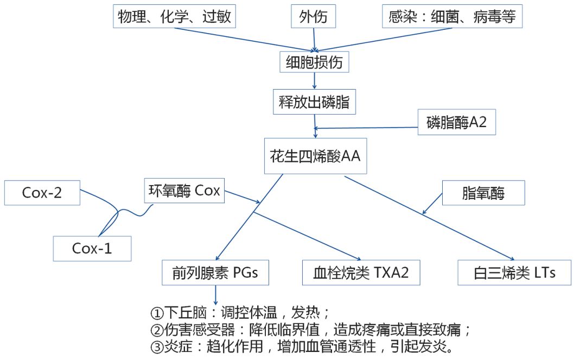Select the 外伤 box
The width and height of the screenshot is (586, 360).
click(x=314, y=17)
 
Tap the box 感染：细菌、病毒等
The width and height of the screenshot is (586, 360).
click(x=452, y=17)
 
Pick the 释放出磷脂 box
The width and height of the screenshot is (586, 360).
click(x=314, y=103)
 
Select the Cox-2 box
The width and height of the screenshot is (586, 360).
click(x=42, y=193)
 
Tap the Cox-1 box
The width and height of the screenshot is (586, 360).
click(x=92, y=248)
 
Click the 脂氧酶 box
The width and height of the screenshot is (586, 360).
click(x=483, y=193)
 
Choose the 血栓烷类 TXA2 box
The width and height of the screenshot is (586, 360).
click(x=361, y=273)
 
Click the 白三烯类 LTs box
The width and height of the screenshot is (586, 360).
click(x=514, y=273)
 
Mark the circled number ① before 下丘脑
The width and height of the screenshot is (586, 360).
click(x=157, y=313)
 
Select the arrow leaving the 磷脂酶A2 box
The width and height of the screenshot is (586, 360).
click(x=369, y=128)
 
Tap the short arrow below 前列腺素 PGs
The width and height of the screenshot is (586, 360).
click(x=216, y=295)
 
